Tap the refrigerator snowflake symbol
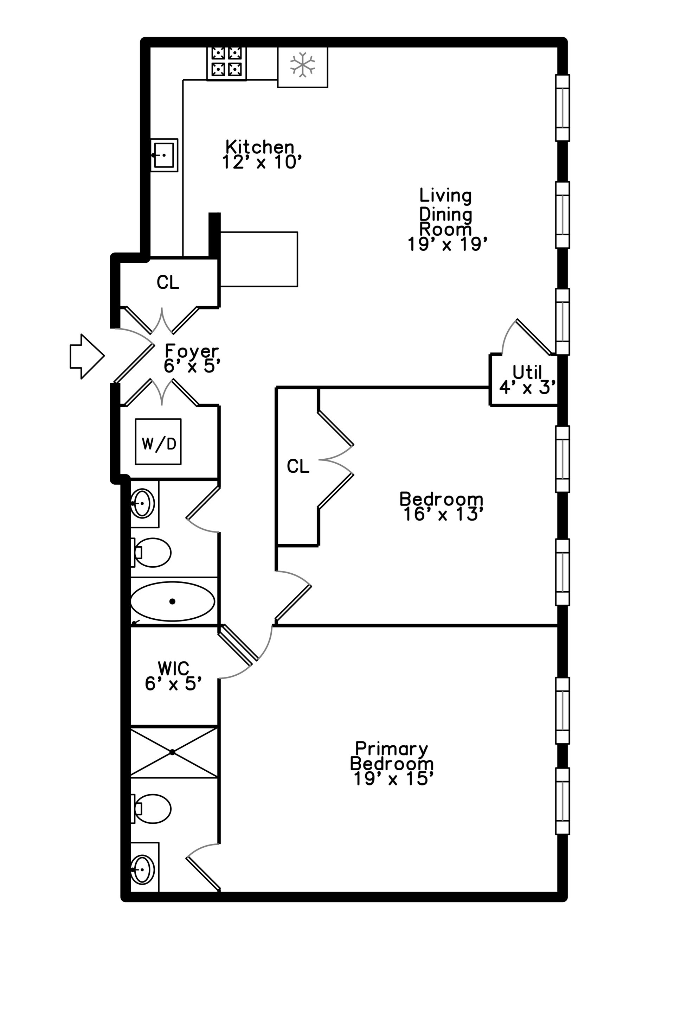click(302, 65)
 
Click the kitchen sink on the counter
click(164, 155)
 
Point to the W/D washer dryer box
click(158, 441)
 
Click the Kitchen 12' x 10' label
click(261, 155)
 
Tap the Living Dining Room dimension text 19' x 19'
click(447, 244)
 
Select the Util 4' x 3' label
click(527, 380)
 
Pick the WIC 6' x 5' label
click(173, 676)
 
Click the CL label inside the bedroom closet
click(298, 466)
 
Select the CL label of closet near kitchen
click(167, 282)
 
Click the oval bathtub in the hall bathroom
click(172, 601)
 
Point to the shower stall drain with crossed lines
click(172, 752)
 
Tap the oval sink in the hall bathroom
click(142, 503)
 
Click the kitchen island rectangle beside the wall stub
click(258, 259)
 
